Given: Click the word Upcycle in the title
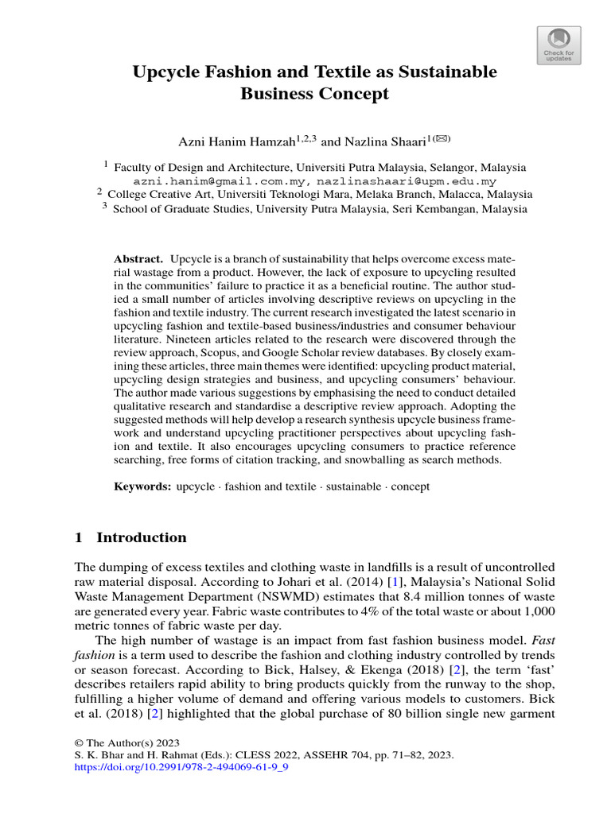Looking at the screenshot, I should click(165, 72).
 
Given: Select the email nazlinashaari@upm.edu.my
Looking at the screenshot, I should click(407, 181).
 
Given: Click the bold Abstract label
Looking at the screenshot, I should click(138, 260).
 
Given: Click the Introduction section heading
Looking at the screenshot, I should click(141, 538).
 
